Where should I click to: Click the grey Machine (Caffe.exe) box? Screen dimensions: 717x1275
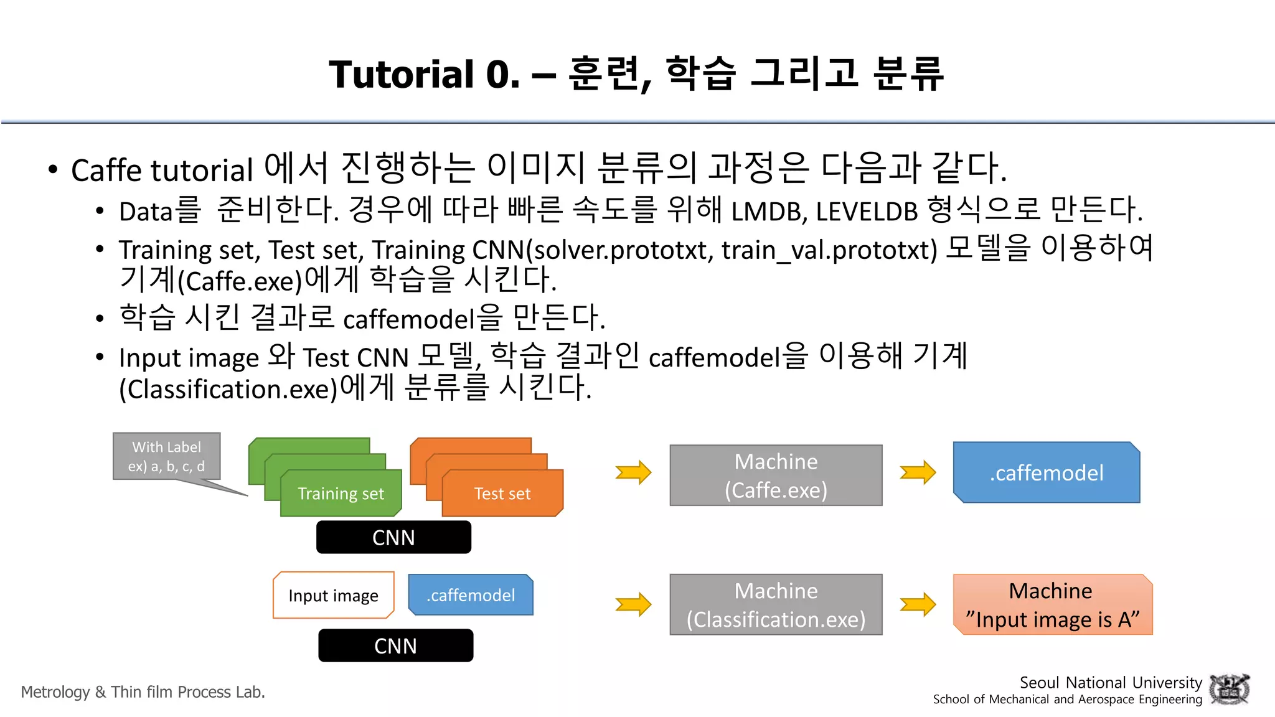click(776, 476)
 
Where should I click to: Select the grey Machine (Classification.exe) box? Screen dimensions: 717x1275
click(776, 604)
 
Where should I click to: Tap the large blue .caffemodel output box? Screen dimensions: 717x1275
click(1047, 473)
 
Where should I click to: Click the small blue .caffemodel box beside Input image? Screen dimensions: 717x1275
click(471, 595)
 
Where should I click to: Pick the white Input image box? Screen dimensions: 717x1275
click(334, 596)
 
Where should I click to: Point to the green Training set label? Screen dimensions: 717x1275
click(341, 494)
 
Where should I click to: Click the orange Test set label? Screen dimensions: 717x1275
click(502, 494)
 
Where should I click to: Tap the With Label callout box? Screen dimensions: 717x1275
click(166, 456)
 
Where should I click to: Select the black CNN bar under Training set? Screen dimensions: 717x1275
click(393, 538)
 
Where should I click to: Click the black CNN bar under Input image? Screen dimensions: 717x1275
click(395, 645)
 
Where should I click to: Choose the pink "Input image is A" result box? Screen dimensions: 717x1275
click(1052, 604)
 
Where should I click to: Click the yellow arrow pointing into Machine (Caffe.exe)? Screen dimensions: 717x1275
click(633, 473)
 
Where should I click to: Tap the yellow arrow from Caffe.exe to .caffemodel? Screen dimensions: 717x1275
click(918, 473)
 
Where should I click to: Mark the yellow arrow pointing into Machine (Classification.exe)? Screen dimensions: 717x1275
click(633, 604)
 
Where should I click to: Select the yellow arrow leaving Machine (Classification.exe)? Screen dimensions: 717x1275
click(918, 604)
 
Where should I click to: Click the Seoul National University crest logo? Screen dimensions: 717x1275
click(1229, 690)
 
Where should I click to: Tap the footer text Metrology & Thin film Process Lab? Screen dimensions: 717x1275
click(143, 692)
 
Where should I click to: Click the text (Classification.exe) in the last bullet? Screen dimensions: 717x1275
click(228, 390)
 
